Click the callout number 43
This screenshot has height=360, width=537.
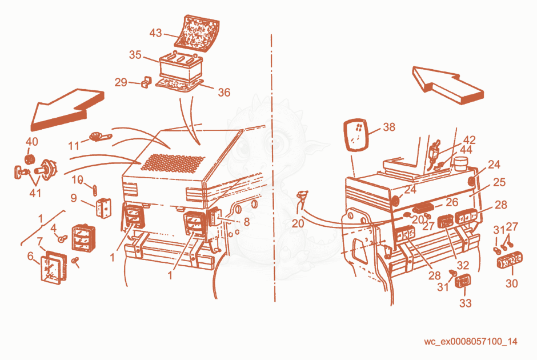pyautogui.click(x=155, y=33)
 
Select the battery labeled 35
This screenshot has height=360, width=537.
pyautogui.click(x=181, y=66)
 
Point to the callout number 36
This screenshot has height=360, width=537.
pyautogui.click(x=224, y=92)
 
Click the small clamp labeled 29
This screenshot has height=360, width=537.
pyautogui.click(x=147, y=82)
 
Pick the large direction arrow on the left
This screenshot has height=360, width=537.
pyautogui.click(x=67, y=109)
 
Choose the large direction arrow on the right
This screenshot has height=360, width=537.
pyautogui.click(x=448, y=85)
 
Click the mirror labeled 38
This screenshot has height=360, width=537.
pyautogui.click(x=355, y=135)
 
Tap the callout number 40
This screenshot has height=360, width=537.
pyautogui.click(x=32, y=142)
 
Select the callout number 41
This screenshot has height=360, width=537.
pyautogui.click(x=35, y=193)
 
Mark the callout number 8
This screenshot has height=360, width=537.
pyautogui.click(x=247, y=222)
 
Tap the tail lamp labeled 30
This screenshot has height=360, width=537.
pyautogui.click(x=510, y=260)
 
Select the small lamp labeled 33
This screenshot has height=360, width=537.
pyautogui.click(x=463, y=281)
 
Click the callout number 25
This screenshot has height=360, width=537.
pyautogui.click(x=499, y=182)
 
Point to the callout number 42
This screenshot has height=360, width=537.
pyautogui.click(x=469, y=140)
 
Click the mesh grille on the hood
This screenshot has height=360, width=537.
pyautogui.click(x=173, y=162)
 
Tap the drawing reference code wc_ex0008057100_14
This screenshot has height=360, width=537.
pyautogui.click(x=471, y=342)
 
